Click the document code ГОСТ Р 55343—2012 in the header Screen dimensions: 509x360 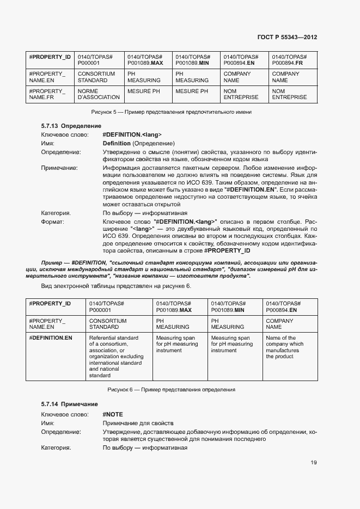point(286,37)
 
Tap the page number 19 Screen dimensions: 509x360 point(314,463)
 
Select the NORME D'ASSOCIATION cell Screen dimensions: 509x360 point(99,94)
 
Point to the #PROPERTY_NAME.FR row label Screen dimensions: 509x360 point(47,94)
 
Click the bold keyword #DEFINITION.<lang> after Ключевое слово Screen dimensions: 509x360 point(132,134)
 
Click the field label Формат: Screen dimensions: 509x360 point(53,222)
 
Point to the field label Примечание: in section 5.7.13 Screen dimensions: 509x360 point(59,168)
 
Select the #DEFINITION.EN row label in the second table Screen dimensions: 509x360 point(50,338)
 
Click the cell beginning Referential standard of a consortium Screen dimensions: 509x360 point(117,357)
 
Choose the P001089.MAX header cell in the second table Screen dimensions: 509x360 point(174,306)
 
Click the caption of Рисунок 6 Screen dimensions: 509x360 point(171,390)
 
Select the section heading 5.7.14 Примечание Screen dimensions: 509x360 point(69,404)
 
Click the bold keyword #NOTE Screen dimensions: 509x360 point(113,414)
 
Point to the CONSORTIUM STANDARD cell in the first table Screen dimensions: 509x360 point(96,77)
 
